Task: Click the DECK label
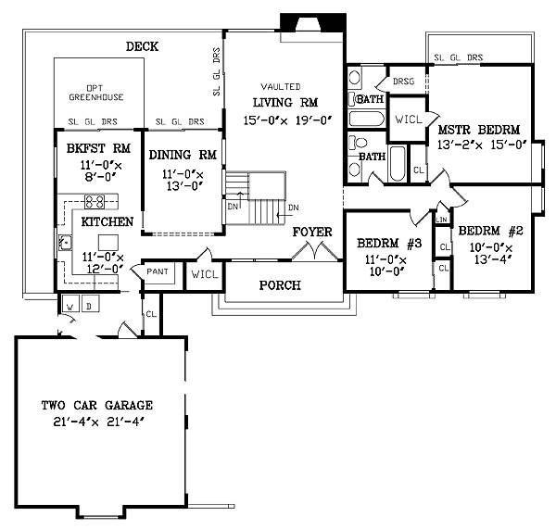(142, 46)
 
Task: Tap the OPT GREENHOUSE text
(96, 93)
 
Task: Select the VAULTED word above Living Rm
(281, 86)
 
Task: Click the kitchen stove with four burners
(95, 202)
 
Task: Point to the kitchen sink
(65, 243)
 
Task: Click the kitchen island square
(108, 243)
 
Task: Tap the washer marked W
(70, 304)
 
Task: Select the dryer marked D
(90, 304)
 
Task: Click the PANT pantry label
(158, 271)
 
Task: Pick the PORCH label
(280, 285)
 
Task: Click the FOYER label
(312, 232)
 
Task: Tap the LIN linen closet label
(441, 220)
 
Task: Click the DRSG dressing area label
(403, 82)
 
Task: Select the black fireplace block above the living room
(313, 22)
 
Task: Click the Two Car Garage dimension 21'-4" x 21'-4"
(98, 422)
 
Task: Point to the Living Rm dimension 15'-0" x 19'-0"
(287, 120)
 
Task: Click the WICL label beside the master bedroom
(409, 120)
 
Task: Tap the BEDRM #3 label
(389, 244)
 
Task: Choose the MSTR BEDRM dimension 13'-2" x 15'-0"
(482, 145)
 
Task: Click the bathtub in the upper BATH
(367, 119)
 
